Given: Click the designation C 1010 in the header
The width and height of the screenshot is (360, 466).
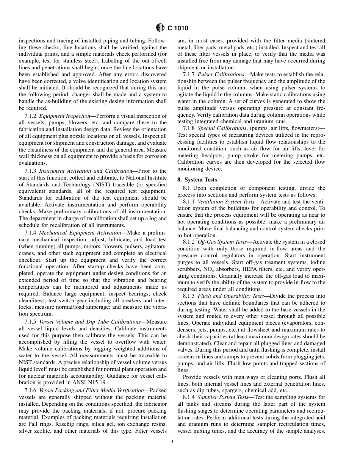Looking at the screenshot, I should coord(177,28).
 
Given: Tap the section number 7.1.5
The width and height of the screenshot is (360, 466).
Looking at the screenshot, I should coord(31,322).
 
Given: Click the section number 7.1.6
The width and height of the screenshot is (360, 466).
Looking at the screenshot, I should coord(31,390).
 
